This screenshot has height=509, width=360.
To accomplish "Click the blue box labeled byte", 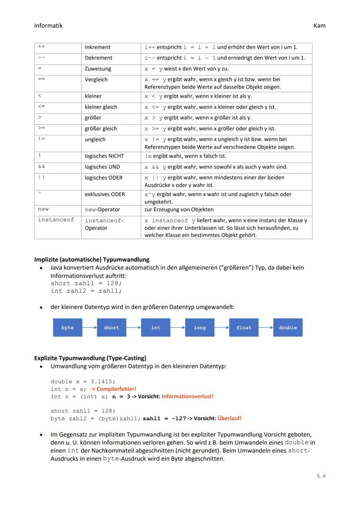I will pos(67,328).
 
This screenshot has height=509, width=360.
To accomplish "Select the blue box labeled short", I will pos(112,328).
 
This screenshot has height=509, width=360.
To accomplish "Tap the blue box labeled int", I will pos(156,328).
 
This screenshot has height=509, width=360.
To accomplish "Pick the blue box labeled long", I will pos(200,328).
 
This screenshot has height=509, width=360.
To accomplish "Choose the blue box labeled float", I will pos(244,328).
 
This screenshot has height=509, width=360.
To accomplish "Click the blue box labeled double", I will pos(288,328).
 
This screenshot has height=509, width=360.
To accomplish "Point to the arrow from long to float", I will pos(222,328).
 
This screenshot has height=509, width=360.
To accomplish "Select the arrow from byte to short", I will pos(90,328).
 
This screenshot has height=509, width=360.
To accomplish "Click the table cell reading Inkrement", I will pos(97,47).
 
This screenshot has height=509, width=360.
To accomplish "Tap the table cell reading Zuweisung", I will pos(98,69).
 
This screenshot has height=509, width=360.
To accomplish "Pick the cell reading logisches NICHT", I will pos(104,156).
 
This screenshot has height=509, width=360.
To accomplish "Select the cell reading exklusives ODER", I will pos(105,194).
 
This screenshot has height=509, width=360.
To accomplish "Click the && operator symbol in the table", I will pos(41,167).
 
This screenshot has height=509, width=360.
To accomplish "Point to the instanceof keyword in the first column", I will pos(56,220).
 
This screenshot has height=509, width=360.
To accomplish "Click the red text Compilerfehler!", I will pos(113,389).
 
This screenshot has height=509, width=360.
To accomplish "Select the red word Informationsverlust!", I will pos(187,396).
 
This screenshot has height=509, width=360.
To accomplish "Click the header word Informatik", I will pos(48,26).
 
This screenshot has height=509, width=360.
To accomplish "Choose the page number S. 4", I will pos(321,476).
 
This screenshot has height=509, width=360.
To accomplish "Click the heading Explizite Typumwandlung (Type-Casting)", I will pos(90,358).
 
